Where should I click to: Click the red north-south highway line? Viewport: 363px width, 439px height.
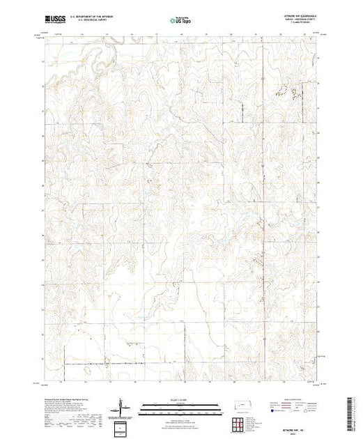point(263,209)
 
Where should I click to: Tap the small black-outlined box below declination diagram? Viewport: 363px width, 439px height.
point(122,426)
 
